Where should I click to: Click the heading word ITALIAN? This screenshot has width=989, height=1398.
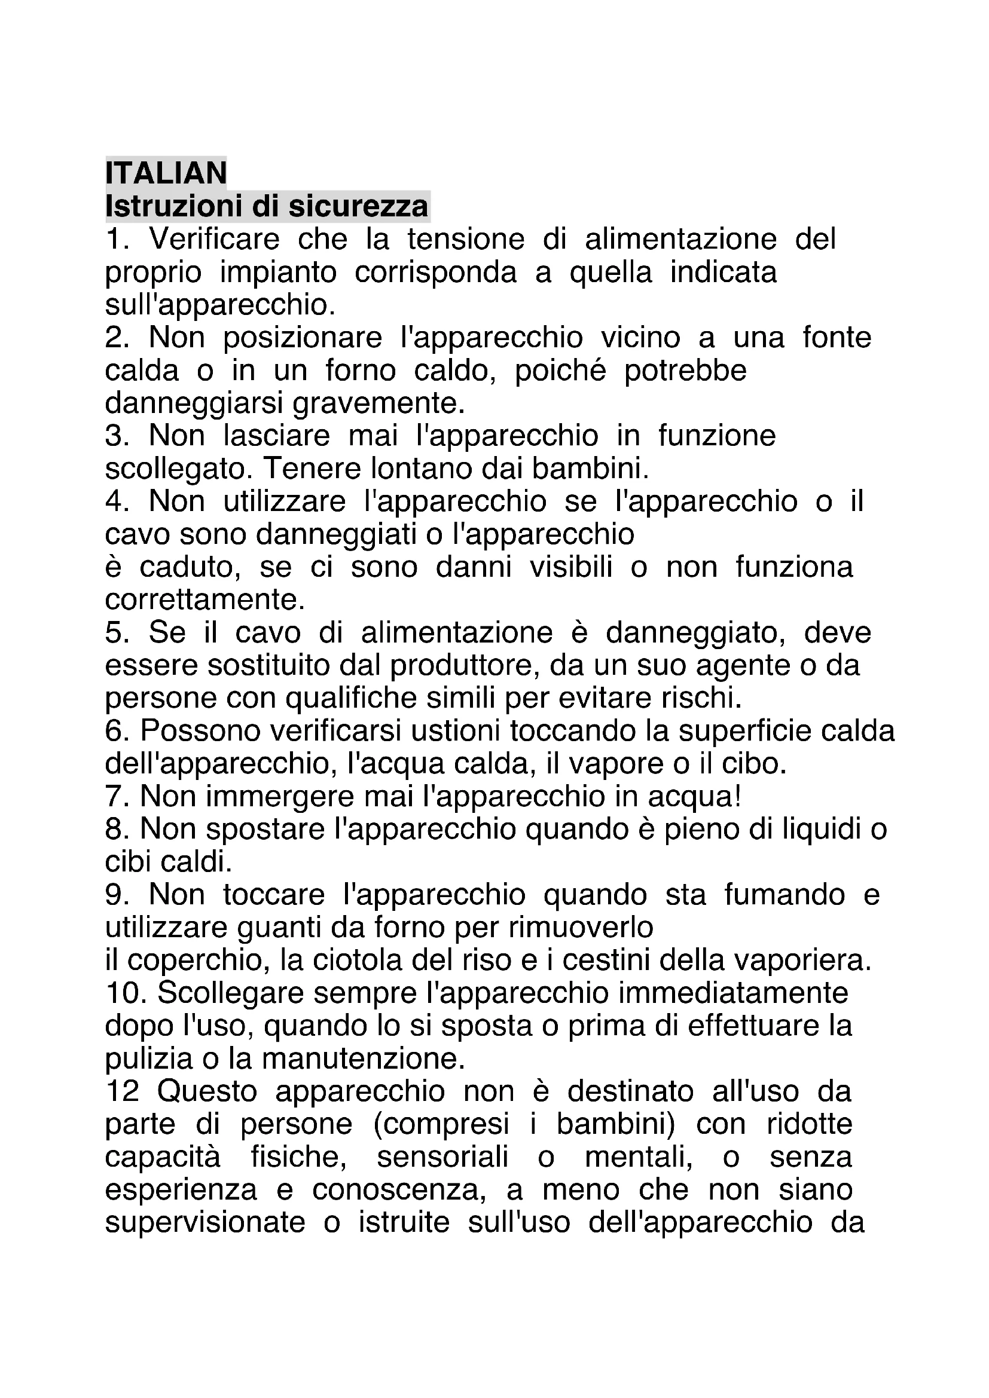(x=166, y=173)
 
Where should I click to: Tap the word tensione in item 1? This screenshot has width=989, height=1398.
(x=466, y=238)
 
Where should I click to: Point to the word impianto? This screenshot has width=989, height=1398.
(x=277, y=272)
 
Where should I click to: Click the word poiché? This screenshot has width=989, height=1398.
(x=560, y=370)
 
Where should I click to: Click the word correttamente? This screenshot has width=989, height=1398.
(x=204, y=599)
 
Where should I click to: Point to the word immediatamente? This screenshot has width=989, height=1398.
(x=730, y=993)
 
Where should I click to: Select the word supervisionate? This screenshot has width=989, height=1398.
(x=204, y=1223)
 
